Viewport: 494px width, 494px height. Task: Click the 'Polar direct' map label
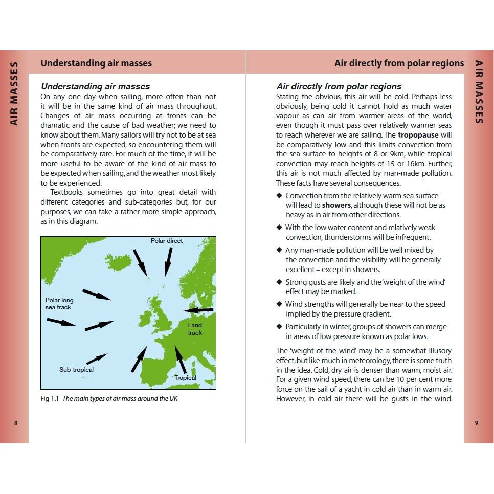pyautogui.click(x=166, y=240)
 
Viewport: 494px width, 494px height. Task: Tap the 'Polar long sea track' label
pyautogui.click(x=59, y=304)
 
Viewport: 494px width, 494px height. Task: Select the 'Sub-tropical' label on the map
pyautogui.click(x=76, y=370)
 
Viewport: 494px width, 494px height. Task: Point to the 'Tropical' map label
pyautogui.click(x=185, y=378)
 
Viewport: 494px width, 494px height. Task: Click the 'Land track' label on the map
pyautogui.click(x=195, y=329)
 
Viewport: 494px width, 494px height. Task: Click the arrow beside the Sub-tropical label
pyautogui.click(x=97, y=358)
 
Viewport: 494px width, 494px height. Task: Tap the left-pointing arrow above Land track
pyautogui.click(x=198, y=310)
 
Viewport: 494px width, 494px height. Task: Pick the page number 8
pyautogui.click(x=16, y=423)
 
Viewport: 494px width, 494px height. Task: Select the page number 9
pyautogui.click(x=476, y=423)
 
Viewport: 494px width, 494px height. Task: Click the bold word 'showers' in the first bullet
pyautogui.click(x=336, y=205)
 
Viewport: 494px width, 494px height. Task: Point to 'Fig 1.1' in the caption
pyautogui.click(x=50, y=399)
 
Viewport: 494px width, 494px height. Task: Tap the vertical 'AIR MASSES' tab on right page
pyautogui.click(x=479, y=92)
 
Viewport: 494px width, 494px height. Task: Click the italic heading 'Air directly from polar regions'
pyautogui.click(x=339, y=86)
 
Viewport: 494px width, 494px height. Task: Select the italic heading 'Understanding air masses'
pyautogui.click(x=95, y=86)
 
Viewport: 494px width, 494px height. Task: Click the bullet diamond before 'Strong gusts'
pyautogui.click(x=279, y=282)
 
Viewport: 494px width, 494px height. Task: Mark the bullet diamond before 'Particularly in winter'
pyautogui.click(x=279, y=326)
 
